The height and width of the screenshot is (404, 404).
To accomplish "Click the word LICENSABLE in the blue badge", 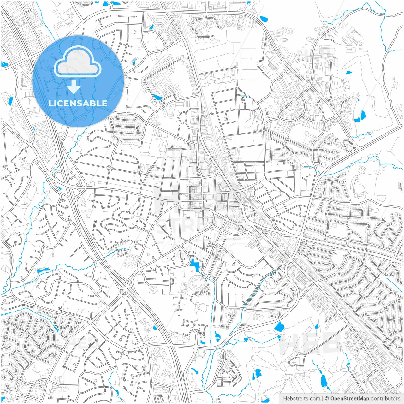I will point(78,103).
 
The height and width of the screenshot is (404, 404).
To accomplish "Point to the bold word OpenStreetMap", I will point(350,399).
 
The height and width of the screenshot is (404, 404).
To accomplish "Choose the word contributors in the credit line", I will point(385,399).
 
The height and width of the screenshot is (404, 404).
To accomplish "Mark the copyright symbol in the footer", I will point(327,399).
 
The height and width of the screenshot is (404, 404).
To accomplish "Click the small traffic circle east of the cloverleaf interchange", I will point(110,168).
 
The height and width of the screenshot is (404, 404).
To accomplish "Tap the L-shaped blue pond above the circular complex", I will point(194,265).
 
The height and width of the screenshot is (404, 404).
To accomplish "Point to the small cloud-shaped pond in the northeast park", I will point(348,72).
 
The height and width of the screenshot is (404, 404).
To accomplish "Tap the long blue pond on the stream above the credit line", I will point(324,381).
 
